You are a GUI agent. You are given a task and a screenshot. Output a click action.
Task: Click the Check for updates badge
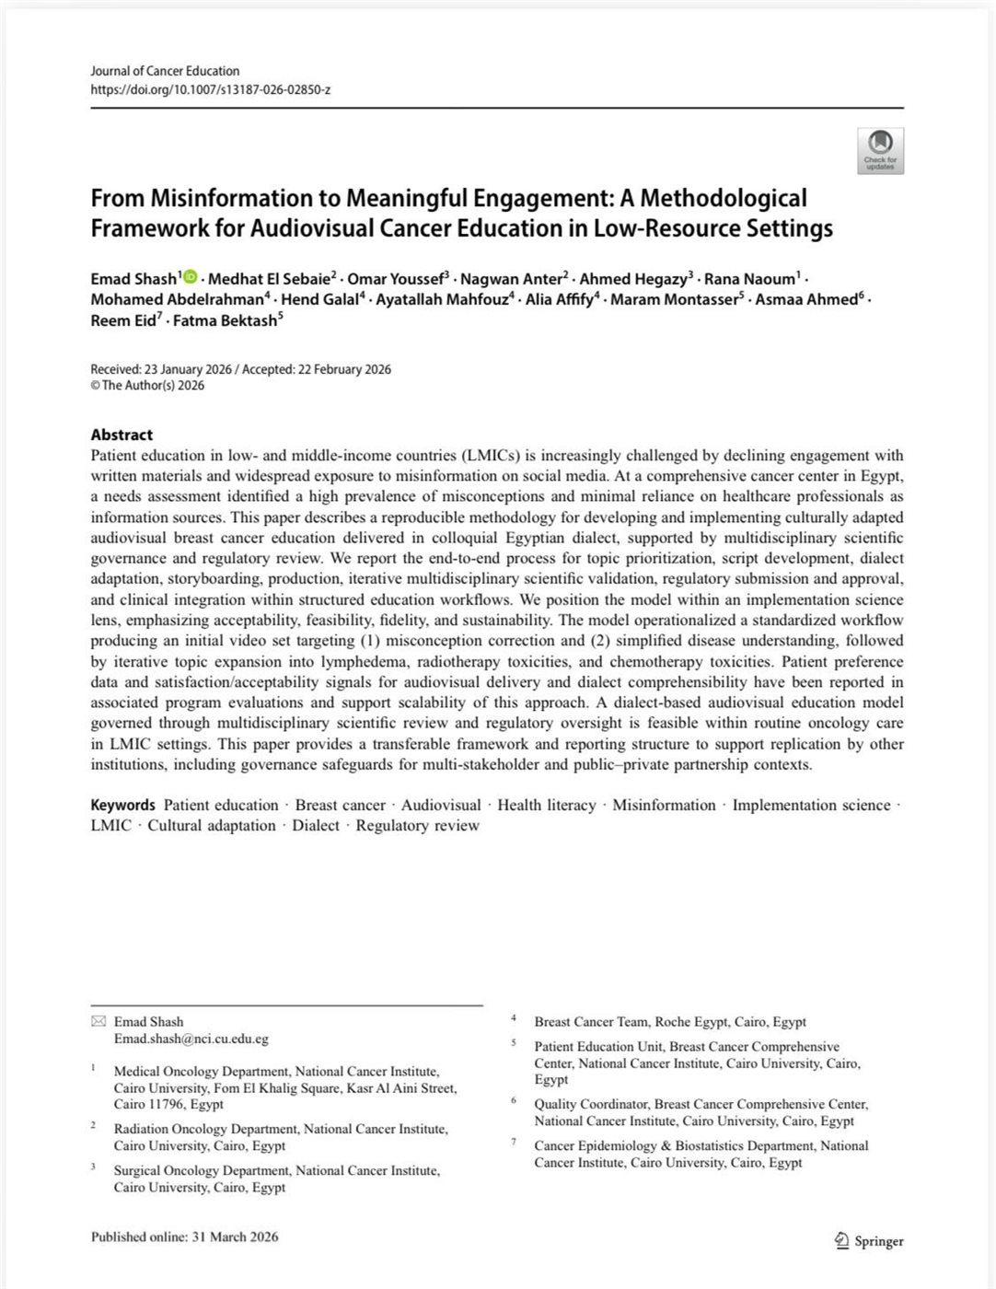[x=880, y=150]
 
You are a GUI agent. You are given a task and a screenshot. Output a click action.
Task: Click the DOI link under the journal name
[x=210, y=89]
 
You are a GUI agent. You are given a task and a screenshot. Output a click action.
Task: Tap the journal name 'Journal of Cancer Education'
[x=165, y=71]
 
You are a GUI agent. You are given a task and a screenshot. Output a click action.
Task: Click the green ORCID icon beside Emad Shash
[x=191, y=277]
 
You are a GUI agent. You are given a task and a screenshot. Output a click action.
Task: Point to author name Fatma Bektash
[x=225, y=321]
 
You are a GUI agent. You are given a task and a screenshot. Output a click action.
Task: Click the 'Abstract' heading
[x=122, y=435]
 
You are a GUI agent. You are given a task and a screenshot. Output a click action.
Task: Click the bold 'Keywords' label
[x=122, y=805]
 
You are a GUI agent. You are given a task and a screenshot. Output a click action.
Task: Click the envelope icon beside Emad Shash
[x=98, y=1021]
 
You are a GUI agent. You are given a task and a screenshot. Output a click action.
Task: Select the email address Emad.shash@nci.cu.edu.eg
[x=191, y=1039]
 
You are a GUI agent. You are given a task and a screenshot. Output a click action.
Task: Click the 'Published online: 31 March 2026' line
[x=184, y=1237]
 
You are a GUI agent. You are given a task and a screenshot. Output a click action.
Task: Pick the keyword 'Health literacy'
[x=546, y=805]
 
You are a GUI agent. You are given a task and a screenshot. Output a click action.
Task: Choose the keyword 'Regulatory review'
[x=417, y=825]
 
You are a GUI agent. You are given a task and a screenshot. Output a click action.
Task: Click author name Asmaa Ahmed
[x=807, y=299]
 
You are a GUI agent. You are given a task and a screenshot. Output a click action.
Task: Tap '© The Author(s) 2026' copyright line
[x=147, y=386]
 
